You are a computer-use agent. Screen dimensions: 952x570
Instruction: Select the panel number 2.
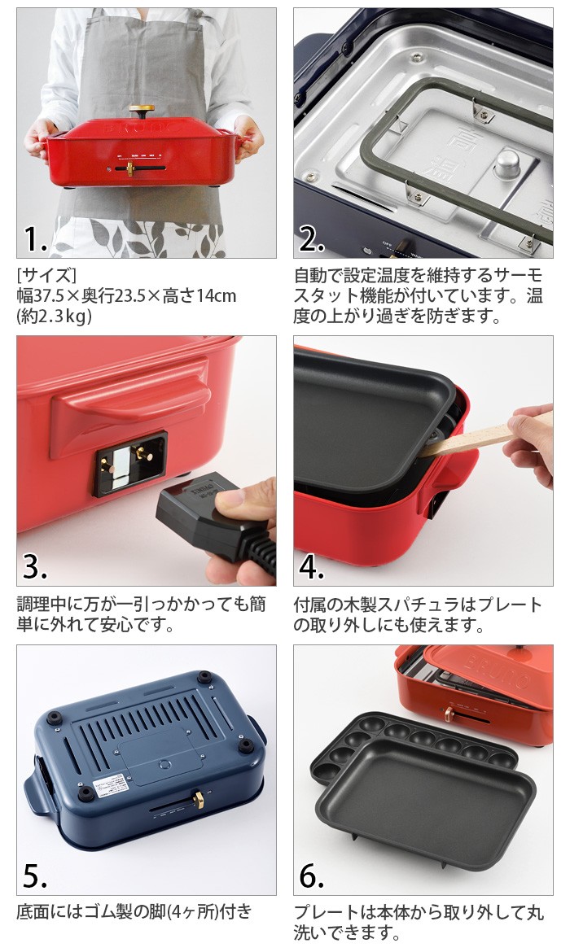pyautogui.click(x=312, y=239)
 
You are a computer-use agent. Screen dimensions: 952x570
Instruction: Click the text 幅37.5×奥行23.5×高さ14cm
pyautogui.click(x=126, y=295)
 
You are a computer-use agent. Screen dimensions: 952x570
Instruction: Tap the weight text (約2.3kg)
pyautogui.click(x=54, y=317)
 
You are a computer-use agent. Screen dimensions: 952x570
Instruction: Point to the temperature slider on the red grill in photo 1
pyautogui.click(x=130, y=168)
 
